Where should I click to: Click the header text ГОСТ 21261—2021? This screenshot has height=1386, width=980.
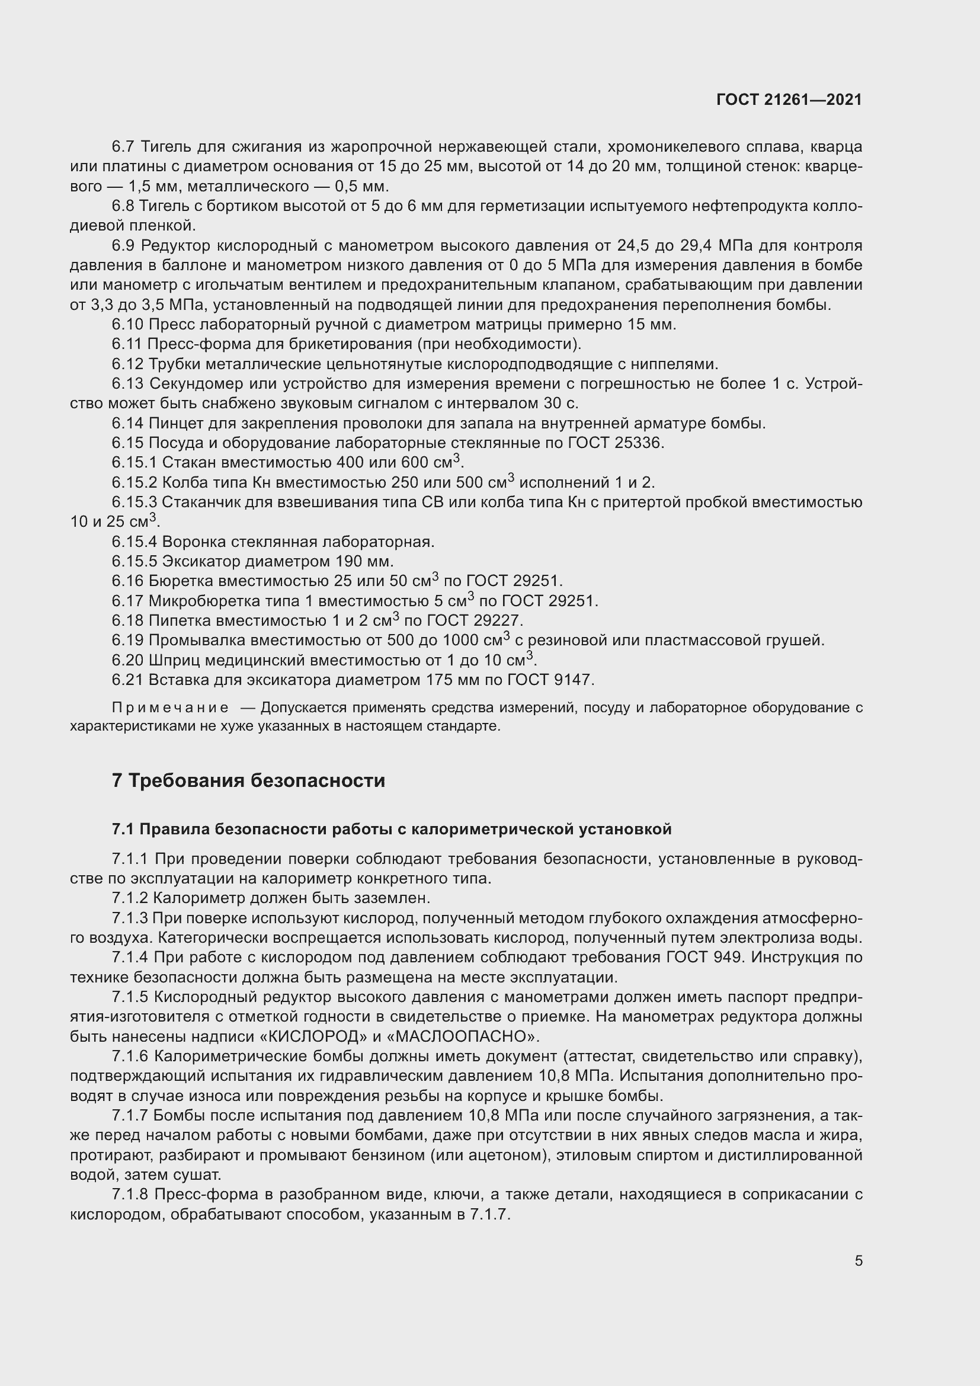click(x=789, y=100)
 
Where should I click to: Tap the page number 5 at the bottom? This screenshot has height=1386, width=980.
click(x=858, y=1261)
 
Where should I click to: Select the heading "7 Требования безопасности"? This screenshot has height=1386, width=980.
click(x=248, y=780)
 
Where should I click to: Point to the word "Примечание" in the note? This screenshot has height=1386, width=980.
click(x=169, y=708)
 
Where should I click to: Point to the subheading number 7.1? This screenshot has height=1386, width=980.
click(x=123, y=830)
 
